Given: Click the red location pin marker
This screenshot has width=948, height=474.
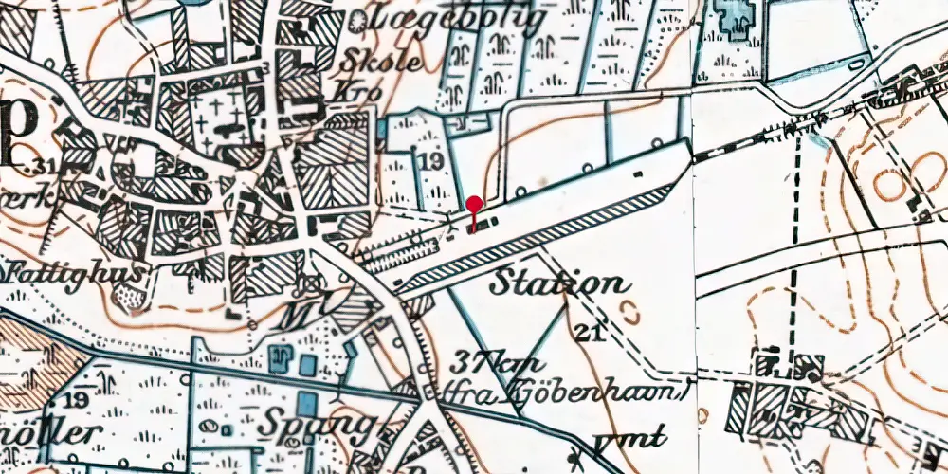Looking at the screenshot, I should [x=473, y=206].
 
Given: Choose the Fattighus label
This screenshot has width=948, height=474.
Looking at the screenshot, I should [x=76, y=272].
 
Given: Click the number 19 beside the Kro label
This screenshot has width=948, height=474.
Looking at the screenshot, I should [x=428, y=163].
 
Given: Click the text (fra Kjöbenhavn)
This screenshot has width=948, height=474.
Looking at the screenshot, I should [x=563, y=392].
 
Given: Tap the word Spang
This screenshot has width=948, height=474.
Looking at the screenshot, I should [x=324, y=422].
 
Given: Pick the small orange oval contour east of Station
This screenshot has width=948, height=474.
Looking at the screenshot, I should [x=627, y=309].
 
